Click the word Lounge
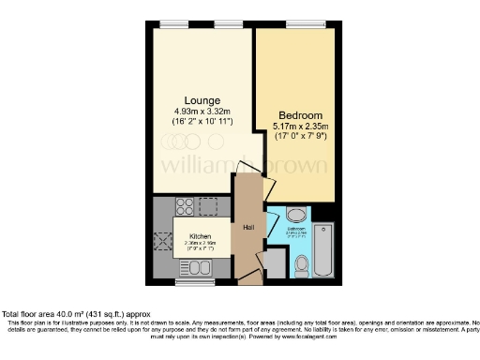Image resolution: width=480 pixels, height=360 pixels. point(202,100)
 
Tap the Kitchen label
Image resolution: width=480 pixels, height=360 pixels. point(200,236)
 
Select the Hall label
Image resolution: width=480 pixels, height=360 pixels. point(248,228)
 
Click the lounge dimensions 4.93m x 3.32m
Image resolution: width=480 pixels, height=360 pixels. point(202,112)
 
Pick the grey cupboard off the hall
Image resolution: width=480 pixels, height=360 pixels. point(276,262)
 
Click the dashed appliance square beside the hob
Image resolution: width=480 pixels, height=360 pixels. point(206,206)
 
